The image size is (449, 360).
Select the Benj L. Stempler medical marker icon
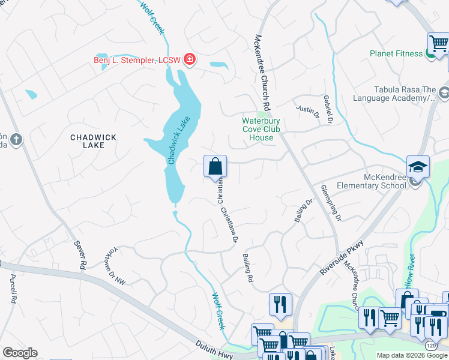coord(190,59)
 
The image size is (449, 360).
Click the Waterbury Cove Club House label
coord(261,129)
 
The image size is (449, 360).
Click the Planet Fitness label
coord(396,53)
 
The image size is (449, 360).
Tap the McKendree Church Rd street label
coord(262,70)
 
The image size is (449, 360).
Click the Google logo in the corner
coord(20,353)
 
